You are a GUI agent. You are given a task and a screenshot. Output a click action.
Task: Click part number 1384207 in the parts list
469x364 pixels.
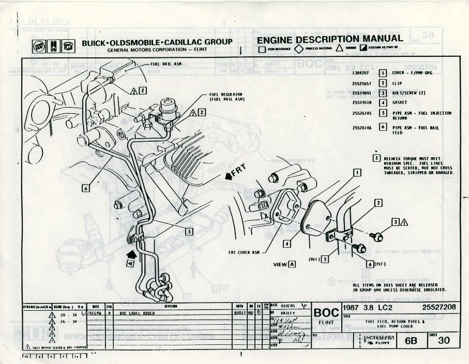click(x=361, y=73)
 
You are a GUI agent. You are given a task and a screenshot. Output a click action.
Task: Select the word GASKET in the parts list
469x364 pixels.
click(x=400, y=102)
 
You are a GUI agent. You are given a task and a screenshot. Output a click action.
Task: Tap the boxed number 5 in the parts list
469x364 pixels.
click(x=383, y=113)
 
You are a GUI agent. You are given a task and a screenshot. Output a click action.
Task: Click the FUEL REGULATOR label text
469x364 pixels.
click(x=226, y=95)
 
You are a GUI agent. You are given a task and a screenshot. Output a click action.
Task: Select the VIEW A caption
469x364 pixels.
click(x=284, y=264)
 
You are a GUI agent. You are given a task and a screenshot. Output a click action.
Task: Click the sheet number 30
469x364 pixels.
click(x=444, y=340)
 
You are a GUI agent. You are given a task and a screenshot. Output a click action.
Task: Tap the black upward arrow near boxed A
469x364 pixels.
click(x=130, y=254)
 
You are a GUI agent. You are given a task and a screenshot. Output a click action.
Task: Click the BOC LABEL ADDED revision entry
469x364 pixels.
click(x=139, y=313)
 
